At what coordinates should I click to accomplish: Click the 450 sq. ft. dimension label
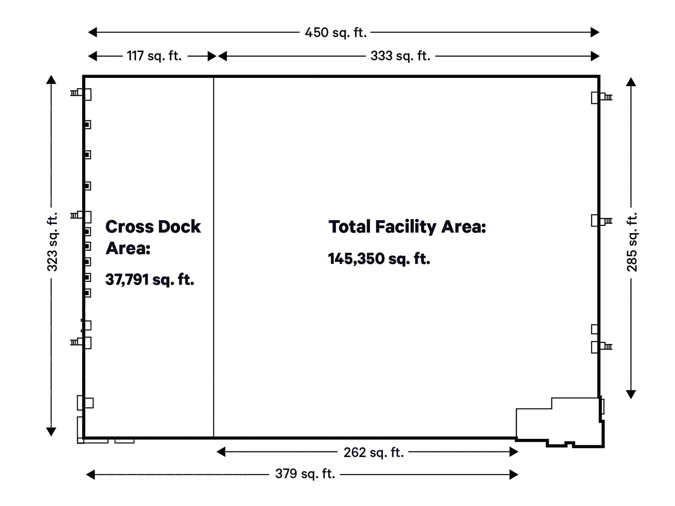[336, 32]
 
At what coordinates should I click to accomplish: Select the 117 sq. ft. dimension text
[154, 56]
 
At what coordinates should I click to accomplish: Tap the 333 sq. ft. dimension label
[400, 56]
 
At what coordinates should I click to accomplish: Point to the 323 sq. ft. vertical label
[52, 242]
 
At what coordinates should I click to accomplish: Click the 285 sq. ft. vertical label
[632, 242]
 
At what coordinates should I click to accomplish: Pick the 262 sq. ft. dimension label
[373, 452]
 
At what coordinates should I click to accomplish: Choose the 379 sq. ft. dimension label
[305, 474]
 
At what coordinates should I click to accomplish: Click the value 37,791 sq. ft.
[149, 280]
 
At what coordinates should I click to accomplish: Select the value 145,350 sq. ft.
[379, 258]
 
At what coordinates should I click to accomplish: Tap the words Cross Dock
[153, 227]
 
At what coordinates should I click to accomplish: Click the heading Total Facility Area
[407, 227]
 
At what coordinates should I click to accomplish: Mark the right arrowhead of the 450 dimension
[595, 32]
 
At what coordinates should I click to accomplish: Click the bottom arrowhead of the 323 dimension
[51, 431]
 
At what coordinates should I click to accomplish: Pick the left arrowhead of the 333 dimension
[222, 56]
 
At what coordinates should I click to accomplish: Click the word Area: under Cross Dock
[128, 248]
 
